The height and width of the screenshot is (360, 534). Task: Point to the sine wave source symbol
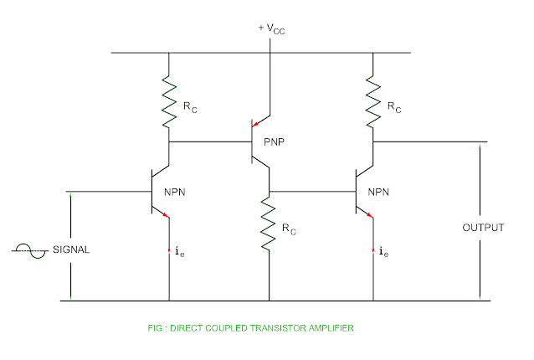tap(35, 249)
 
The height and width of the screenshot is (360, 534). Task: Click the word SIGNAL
tap(71, 249)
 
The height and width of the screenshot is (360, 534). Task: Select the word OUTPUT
tap(485, 228)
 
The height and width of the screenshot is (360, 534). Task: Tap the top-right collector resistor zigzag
tap(372, 94)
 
